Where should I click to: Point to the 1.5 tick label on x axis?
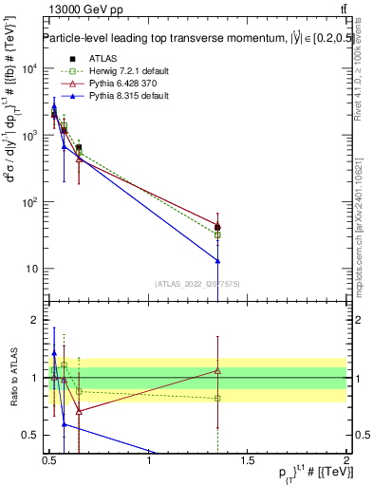click(x=248, y=463)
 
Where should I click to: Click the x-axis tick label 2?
click(x=346, y=463)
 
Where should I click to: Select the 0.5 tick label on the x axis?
click(x=49, y=463)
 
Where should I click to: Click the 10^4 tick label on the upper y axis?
click(x=29, y=69)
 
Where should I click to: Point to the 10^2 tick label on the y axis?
click(x=29, y=202)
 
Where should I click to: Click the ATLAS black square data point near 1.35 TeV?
click(x=218, y=227)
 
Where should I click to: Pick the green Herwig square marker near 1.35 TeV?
click(x=218, y=234)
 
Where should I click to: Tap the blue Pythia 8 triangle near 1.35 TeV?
click(x=218, y=260)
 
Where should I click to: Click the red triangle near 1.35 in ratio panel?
click(x=218, y=370)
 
